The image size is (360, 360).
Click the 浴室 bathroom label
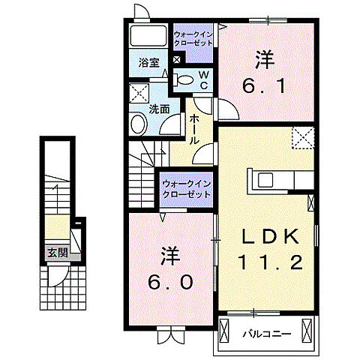147,63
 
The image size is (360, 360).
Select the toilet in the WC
184,79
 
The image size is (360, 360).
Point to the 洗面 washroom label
158,109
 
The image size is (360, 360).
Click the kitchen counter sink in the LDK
266,179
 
